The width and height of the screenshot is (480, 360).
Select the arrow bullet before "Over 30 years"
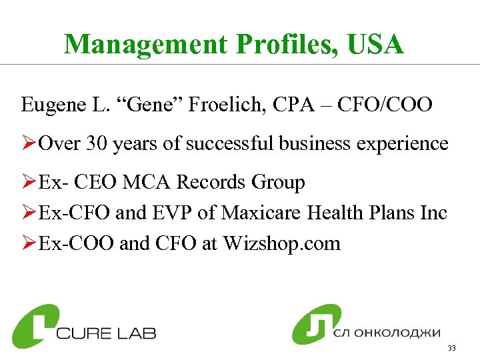tap(28, 144)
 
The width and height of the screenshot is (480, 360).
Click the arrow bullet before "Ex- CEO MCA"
tap(28, 183)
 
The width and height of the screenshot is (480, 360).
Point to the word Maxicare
tap(261, 213)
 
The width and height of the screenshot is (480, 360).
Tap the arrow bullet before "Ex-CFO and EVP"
tap(28, 213)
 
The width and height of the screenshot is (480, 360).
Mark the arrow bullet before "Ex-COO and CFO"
tap(28, 244)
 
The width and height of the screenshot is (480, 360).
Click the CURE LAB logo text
tap(106, 331)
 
